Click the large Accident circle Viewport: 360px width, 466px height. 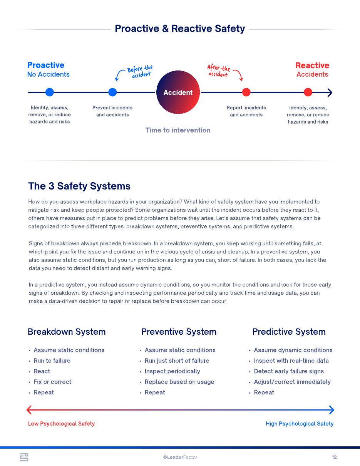click(x=178, y=92)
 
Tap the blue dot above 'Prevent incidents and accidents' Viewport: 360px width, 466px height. click(x=112, y=92)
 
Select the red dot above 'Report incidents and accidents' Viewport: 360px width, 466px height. click(x=246, y=92)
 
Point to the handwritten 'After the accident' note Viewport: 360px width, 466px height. click(x=218, y=71)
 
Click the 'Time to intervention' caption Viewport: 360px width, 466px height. click(x=178, y=130)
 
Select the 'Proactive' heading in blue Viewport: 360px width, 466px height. click(x=46, y=65)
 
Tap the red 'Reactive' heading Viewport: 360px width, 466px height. click(x=312, y=65)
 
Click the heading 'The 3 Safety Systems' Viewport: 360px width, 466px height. click(x=79, y=186)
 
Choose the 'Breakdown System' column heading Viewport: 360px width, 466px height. click(x=67, y=332)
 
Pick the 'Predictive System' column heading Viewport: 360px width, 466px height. click(x=289, y=332)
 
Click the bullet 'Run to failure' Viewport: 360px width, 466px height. click(x=52, y=361)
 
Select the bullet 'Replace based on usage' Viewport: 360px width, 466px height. click(x=179, y=382)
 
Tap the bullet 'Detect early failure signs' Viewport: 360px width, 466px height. click(x=289, y=371)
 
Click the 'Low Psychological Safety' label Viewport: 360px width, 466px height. click(x=61, y=424)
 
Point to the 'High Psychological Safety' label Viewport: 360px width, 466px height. click(x=300, y=424)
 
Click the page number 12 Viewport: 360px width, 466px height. click(x=334, y=457)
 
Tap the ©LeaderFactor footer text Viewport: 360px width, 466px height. click(x=180, y=457)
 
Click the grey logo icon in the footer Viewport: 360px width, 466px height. click(x=24, y=457)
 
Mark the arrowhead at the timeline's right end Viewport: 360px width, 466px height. click(x=330, y=92)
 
